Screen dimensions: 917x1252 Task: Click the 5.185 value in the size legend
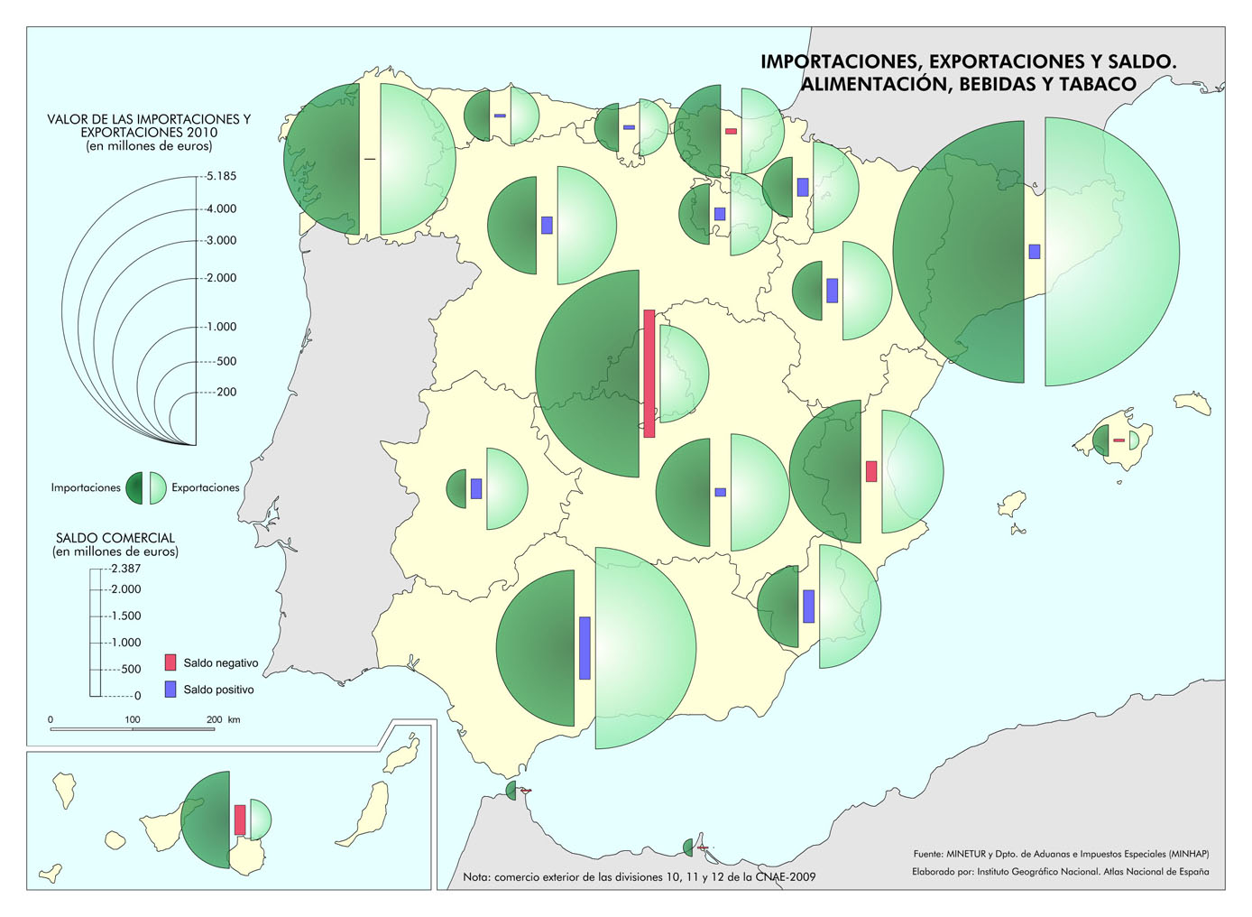(x=221, y=176)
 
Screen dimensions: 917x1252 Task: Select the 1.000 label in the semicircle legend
(x=221, y=327)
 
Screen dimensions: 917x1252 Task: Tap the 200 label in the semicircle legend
(x=226, y=392)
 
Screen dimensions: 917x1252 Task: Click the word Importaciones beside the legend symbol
(x=86, y=487)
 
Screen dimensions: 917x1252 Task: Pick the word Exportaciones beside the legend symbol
(x=206, y=487)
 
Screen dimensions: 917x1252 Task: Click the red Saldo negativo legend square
(x=170, y=662)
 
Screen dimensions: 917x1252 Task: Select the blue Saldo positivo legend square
(x=170, y=690)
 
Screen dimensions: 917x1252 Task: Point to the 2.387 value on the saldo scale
(x=125, y=569)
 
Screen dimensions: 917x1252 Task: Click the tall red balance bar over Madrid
(x=649, y=374)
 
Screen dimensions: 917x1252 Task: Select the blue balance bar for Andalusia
(x=585, y=647)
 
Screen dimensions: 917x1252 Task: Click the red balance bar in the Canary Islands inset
(x=240, y=820)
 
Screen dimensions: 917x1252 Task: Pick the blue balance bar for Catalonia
(x=1035, y=252)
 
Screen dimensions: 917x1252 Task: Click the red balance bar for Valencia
(x=871, y=471)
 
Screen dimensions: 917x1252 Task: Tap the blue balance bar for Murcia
(x=809, y=606)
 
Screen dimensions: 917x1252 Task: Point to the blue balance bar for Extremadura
(x=476, y=488)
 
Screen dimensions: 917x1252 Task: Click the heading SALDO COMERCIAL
(x=115, y=538)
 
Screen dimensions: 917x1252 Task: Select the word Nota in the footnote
(x=477, y=876)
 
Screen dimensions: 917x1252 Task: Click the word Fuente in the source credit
(x=927, y=854)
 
